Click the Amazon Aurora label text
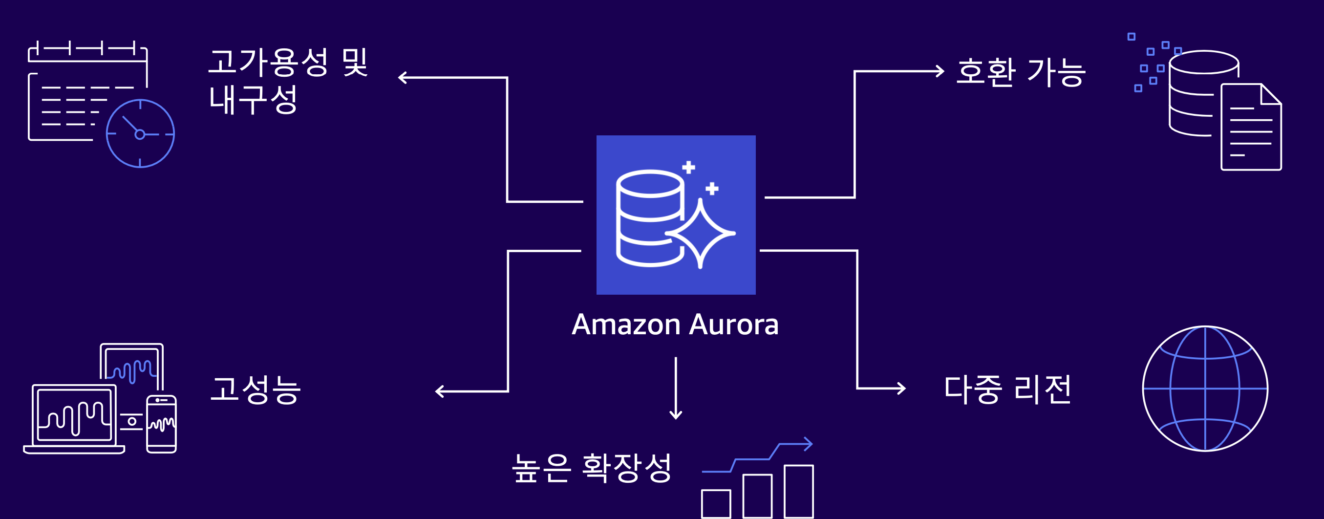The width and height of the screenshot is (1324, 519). pos(675,324)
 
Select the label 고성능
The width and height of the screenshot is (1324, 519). pos(256,389)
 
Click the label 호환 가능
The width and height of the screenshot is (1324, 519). pos(1021,72)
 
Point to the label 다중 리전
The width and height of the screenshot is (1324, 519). pos(1007,389)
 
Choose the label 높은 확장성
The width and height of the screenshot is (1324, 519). pos(592,468)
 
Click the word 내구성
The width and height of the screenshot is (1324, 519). pos(253,99)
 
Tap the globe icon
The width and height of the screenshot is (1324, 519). pos(1205,389)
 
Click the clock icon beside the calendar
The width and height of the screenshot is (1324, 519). pos(140,134)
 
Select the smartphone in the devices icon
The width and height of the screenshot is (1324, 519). pos(161,424)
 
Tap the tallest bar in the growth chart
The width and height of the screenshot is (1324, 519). pos(798,491)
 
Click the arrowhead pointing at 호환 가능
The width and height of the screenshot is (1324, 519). pos(940,71)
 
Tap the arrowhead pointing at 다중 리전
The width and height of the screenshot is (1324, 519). pos(901,389)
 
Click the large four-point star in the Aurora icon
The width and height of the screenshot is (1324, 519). pos(700,233)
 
